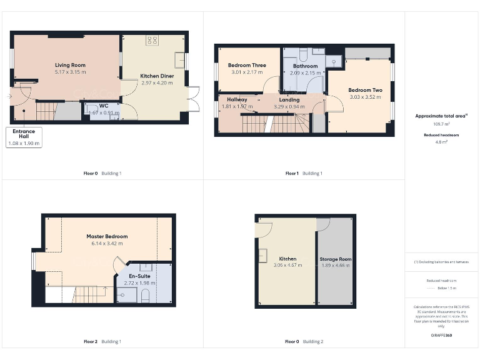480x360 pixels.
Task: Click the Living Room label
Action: [x=70, y=65]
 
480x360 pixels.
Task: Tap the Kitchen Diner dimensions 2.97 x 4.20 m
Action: [x=157, y=82]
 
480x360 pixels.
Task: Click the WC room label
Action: [x=104, y=106]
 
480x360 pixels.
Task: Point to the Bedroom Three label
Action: [x=247, y=65]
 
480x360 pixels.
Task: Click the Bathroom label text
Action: [x=305, y=66]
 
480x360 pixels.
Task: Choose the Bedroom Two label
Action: [x=366, y=90]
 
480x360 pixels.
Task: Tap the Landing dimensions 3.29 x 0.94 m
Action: [x=289, y=107]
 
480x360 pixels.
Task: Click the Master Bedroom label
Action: [x=107, y=236]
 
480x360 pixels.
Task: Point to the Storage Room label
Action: [x=336, y=259]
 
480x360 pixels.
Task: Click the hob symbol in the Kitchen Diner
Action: [x=152, y=41]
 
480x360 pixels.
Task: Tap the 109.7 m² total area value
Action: [x=441, y=124]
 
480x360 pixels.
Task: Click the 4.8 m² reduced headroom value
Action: [x=441, y=142]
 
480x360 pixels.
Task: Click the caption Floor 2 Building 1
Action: [x=102, y=341]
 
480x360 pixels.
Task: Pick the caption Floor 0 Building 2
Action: [x=304, y=341]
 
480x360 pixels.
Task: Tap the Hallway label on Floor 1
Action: [x=237, y=99]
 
